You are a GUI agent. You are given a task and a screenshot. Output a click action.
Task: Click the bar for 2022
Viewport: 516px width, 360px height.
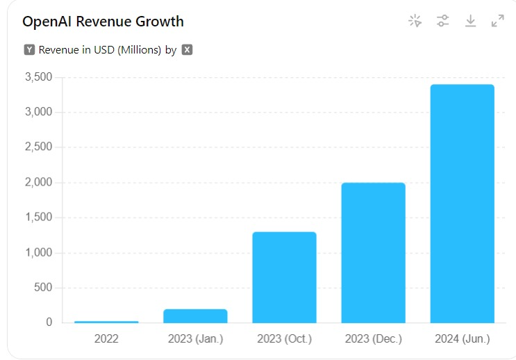[106, 322]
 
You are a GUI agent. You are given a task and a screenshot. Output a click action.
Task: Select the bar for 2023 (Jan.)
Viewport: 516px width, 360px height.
[195, 316]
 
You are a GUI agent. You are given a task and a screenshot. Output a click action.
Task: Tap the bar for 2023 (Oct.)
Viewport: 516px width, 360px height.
[284, 277]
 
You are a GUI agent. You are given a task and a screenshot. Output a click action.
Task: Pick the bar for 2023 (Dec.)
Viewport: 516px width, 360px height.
[373, 253]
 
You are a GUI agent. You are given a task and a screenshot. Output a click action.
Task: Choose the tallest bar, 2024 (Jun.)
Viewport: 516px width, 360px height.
[462, 204]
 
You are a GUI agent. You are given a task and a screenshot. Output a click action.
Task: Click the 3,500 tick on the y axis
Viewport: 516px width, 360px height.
[39, 77]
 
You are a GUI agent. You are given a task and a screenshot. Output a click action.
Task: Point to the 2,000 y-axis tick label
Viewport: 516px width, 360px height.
[39, 183]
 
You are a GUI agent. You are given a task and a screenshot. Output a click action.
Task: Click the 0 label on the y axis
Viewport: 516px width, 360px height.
[49, 322]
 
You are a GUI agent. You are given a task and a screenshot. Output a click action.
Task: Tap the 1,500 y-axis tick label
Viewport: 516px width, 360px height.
[39, 218]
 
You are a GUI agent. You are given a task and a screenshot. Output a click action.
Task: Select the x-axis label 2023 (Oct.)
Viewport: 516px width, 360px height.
[284, 339]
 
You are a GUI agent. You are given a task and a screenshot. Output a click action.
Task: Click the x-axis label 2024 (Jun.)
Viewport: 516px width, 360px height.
[462, 339]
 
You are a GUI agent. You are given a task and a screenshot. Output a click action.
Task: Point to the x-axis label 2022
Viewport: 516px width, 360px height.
[106, 339]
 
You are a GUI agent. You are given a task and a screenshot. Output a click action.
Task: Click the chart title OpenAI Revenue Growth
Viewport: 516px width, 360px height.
[103, 22]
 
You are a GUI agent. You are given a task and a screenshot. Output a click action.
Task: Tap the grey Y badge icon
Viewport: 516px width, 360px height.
[29, 50]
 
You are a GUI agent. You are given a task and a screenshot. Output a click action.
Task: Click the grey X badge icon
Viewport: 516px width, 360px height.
[187, 50]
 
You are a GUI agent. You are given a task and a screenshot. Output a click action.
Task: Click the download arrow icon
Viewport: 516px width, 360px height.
[470, 21]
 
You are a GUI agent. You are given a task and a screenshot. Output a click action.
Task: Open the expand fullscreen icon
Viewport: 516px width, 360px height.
[497, 21]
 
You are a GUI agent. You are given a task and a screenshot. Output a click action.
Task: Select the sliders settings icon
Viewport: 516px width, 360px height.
[442, 21]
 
